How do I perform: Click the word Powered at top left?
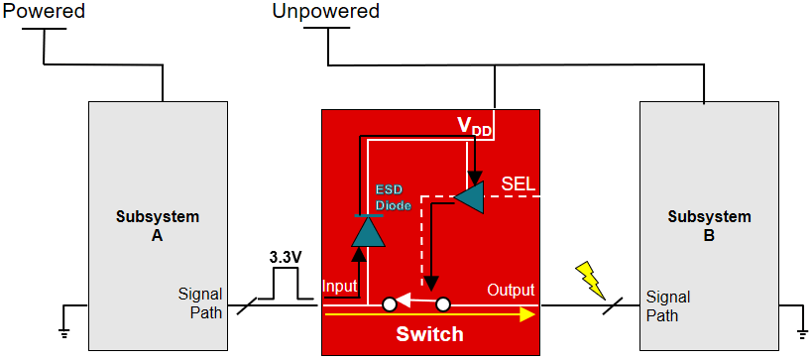(x=43, y=12)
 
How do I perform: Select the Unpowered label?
(x=325, y=12)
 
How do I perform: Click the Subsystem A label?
(x=158, y=226)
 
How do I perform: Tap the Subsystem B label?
(x=709, y=226)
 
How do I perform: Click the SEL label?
(x=520, y=184)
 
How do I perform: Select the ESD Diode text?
(x=393, y=196)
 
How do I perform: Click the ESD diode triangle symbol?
(x=368, y=230)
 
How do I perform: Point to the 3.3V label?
(x=286, y=257)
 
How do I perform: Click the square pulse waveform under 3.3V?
(x=285, y=286)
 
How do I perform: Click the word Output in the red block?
(x=510, y=291)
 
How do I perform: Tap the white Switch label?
(x=429, y=334)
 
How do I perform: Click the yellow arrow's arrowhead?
(x=526, y=314)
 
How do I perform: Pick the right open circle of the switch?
(x=443, y=303)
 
